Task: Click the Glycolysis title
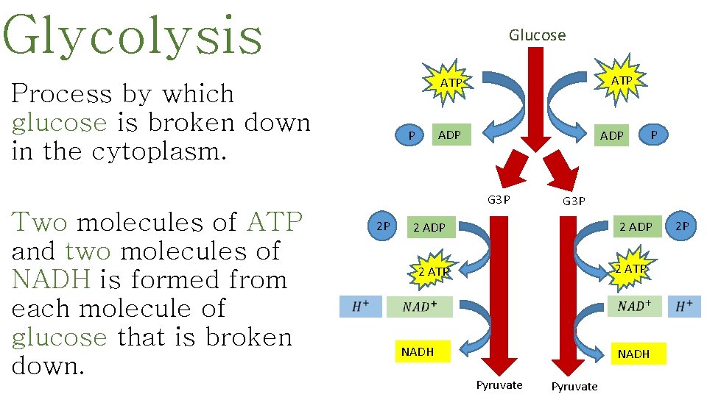pyautogui.click(x=133, y=35)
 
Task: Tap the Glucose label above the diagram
pyautogui.click(x=537, y=35)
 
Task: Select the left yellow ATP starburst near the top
pyautogui.click(x=450, y=84)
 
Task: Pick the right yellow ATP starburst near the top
pyautogui.click(x=622, y=79)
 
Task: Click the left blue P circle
pyautogui.click(x=412, y=136)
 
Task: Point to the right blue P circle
pyautogui.click(x=653, y=135)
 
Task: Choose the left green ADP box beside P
pyautogui.click(x=449, y=135)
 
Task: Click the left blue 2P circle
pyautogui.click(x=383, y=226)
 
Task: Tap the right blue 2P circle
pyautogui.click(x=682, y=226)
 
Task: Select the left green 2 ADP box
pyautogui.click(x=429, y=228)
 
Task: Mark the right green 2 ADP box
pyautogui.click(x=635, y=227)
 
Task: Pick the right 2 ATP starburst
pyautogui.click(x=630, y=269)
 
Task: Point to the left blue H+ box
pyautogui.click(x=361, y=307)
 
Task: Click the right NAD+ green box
pyautogui.click(x=635, y=307)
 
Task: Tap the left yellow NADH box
pyautogui.click(x=418, y=352)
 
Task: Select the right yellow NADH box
pyautogui.click(x=633, y=354)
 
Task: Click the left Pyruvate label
pyautogui.click(x=499, y=385)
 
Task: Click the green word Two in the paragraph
pyautogui.click(x=40, y=221)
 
